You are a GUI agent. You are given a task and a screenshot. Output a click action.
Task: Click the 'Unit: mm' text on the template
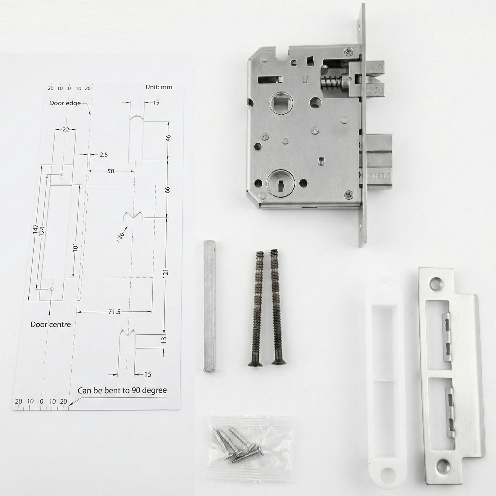(159, 87)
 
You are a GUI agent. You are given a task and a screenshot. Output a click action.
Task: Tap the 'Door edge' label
(65, 103)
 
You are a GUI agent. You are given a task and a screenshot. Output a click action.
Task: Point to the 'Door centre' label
(50, 324)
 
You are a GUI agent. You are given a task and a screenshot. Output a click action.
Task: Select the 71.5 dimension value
(114, 312)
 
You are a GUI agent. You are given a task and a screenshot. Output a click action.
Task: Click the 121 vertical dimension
(166, 273)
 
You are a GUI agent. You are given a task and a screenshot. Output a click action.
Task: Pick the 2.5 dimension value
(103, 155)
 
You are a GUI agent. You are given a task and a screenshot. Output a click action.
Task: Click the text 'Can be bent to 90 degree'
(122, 390)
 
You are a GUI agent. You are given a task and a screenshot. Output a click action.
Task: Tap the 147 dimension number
(35, 229)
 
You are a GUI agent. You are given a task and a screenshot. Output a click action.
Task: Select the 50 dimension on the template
(111, 171)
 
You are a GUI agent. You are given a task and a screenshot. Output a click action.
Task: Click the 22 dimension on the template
(66, 129)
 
